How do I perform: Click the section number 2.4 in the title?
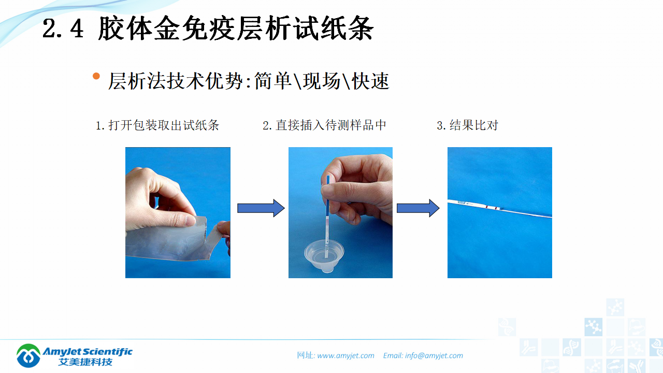(x=63, y=29)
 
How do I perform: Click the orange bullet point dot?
(x=96, y=77)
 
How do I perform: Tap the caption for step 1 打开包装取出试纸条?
(x=157, y=125)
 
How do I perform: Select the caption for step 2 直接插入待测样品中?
(x=324, y=125)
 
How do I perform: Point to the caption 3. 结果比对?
(x=467, y=125)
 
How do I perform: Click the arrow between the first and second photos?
(x=261, y=208)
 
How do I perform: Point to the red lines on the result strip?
(x=492, y=207)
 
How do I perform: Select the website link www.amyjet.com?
(x=345, y=355)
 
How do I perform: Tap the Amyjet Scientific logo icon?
(x=28, y=355)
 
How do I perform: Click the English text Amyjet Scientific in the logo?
(x=88, y=351)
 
